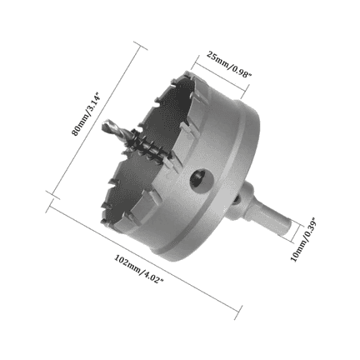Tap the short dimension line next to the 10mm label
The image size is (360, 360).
[293, 237]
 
